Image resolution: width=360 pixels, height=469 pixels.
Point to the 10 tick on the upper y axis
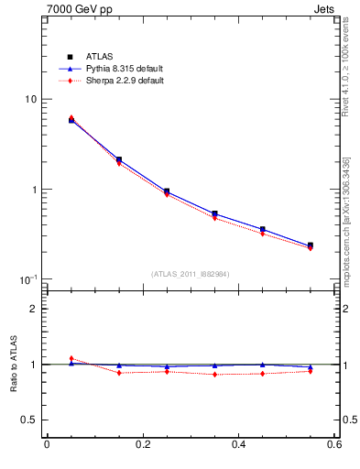(29, 99)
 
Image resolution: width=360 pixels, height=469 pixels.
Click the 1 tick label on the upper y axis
(32, 190)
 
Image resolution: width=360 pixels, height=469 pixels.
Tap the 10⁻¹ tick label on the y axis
(27, 278)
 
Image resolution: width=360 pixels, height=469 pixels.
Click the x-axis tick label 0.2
(142, 445)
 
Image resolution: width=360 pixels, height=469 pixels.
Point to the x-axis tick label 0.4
(238, 445)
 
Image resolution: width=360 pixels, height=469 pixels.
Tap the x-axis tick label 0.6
(334, 445)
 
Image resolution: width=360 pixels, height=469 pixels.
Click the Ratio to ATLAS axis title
(12, 365)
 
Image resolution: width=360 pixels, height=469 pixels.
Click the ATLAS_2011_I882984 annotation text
(191, 274)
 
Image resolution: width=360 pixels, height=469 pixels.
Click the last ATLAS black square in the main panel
(311, 245)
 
